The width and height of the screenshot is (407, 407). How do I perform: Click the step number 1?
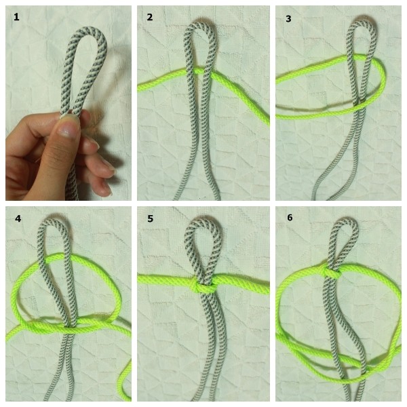point(16,17)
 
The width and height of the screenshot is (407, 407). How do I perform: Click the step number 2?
point(150,17)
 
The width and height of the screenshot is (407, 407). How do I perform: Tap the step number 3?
point(288,19)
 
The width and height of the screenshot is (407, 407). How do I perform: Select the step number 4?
point(18,218)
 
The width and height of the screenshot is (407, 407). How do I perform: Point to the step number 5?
point(151,218)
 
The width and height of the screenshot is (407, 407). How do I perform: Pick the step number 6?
point(290,218)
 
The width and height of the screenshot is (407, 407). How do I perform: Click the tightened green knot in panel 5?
point(204,286)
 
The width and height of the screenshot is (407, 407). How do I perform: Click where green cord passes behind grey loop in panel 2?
point(199,71)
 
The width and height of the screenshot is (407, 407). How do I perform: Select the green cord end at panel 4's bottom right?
point(127,397)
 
